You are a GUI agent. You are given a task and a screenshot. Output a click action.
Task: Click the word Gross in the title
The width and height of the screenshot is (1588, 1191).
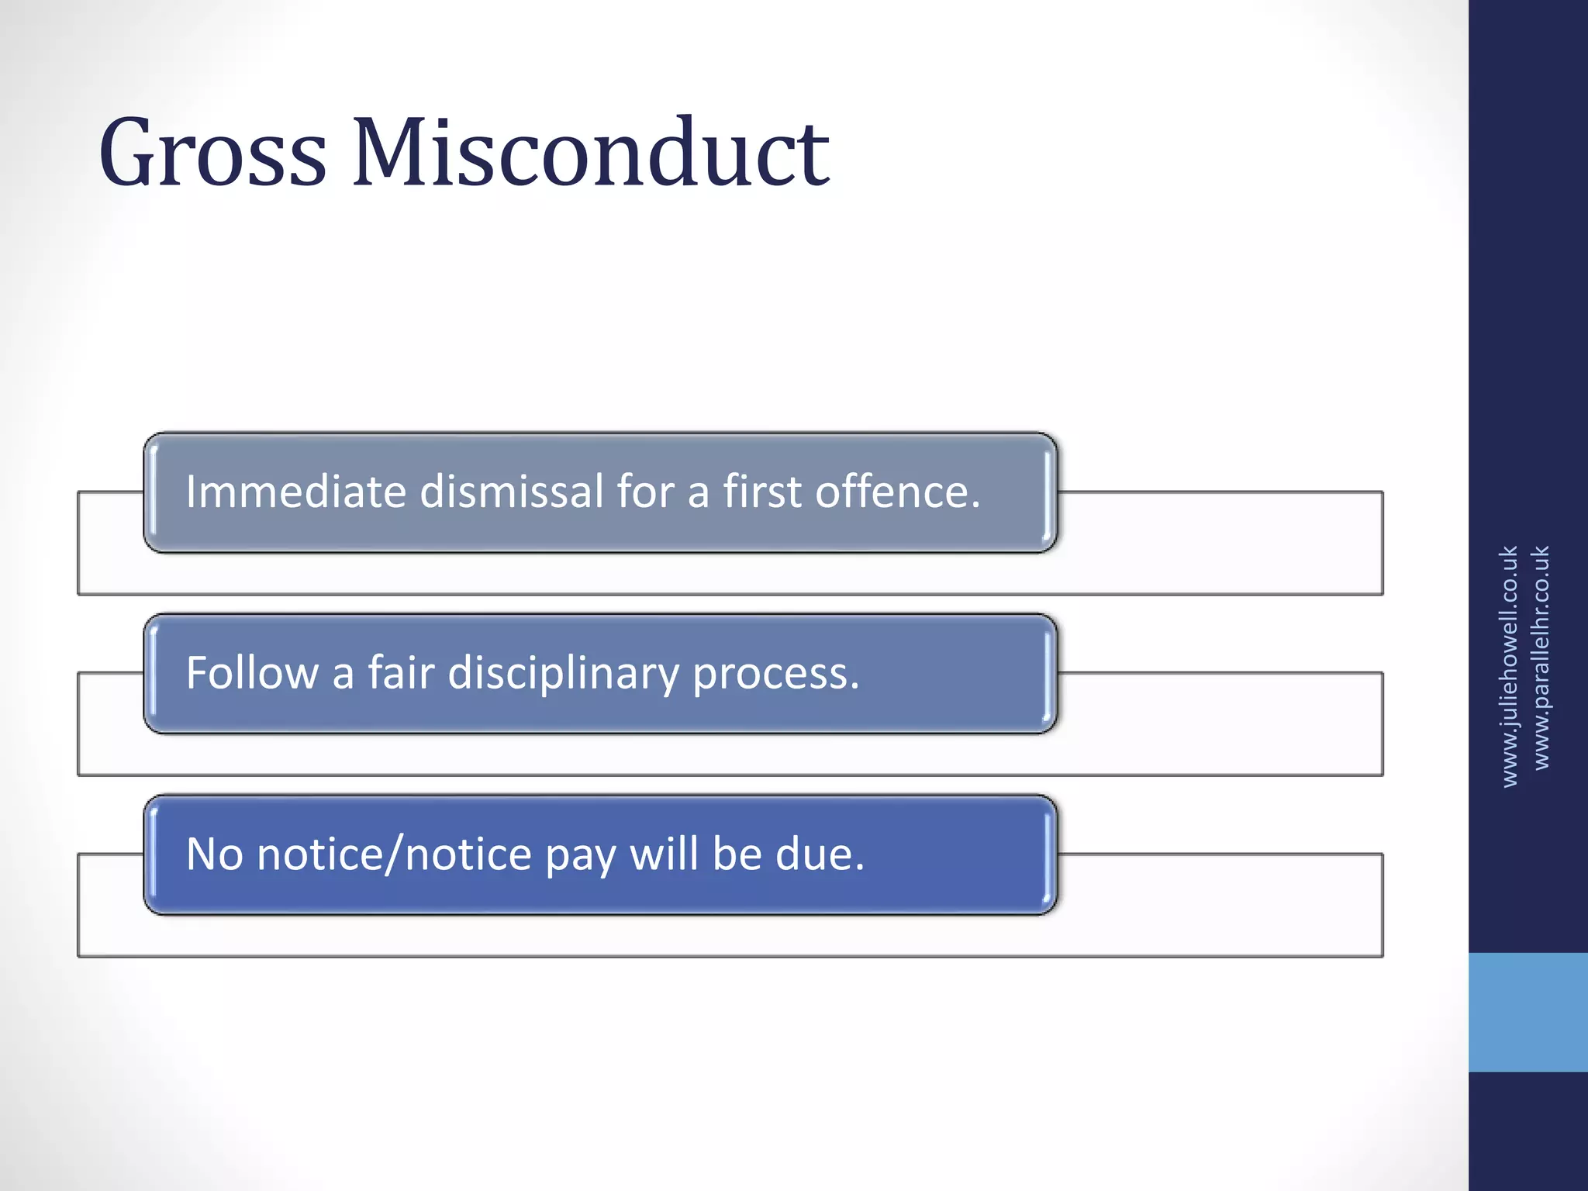pyautogui.click(x=212, y=153)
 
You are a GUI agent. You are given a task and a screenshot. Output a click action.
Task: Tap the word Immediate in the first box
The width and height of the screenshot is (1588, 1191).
pyautogui.click(x=295, y=492)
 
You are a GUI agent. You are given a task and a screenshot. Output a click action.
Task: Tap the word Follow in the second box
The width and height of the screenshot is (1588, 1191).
pyautogui.click(x=252, y=673)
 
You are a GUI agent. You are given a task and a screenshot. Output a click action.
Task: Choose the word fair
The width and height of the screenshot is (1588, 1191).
pyautogui.click(x=400, y=673)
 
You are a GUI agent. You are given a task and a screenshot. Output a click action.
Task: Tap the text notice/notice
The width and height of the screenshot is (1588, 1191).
pyautogui.click(x=394, y=854)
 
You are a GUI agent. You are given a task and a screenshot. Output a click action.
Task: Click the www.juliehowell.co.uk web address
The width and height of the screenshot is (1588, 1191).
pyautogui.click(x=1509, y=667)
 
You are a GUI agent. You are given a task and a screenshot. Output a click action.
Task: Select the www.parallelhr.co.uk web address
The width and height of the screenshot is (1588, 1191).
pyautogui.click(x=1541, y=658)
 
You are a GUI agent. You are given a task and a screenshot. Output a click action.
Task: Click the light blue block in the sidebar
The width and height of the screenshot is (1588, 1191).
pyautogui.click(x=1528, y=1012)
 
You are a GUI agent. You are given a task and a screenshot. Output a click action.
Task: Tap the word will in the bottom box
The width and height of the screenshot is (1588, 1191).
pyautogui.click(x=664, y=854)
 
